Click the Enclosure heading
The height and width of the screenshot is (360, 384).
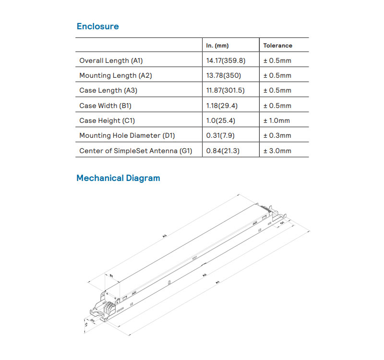pyautogui.click(x=97, y=26)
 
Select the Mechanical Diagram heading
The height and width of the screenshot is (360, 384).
pyautogui.click(x=118, y=178)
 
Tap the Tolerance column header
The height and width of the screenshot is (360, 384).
pyautogui.click(x=277, y=46)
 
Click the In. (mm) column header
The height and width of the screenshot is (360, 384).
pyautogui.click(x=217, y=46)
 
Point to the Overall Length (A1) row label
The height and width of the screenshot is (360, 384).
pyautogui.click(x=111, y=60)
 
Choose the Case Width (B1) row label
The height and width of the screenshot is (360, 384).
pyautogui.click(x=105, y=106)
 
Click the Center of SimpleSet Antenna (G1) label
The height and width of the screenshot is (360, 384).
pyautogui.click(x=135, y=151)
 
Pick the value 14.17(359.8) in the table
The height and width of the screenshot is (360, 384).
pyautogui.click(x=226, y=60)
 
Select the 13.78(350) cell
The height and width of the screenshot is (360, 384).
pyautogui.click(x=223, y=75)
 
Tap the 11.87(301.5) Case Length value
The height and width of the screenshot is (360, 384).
pyautogui.click(x=225, y=90)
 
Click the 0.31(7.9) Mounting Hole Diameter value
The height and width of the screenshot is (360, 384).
pyautogui.click(x=220, y=136)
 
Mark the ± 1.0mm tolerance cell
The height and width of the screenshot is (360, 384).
pyautogui.click(x=277, y=120)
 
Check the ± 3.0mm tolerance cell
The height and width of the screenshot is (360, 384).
pyautogui.click(x=277, y=151)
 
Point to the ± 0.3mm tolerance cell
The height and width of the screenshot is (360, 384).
pyautogui.click(x=277, y=136)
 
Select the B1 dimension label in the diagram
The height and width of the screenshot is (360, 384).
pyautogui.click(x=111, y=276)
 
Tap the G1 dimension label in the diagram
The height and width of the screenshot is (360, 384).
pyautogui.click(x=282, y=223)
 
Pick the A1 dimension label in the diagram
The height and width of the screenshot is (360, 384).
pyautogui.click(x=218, y=283)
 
